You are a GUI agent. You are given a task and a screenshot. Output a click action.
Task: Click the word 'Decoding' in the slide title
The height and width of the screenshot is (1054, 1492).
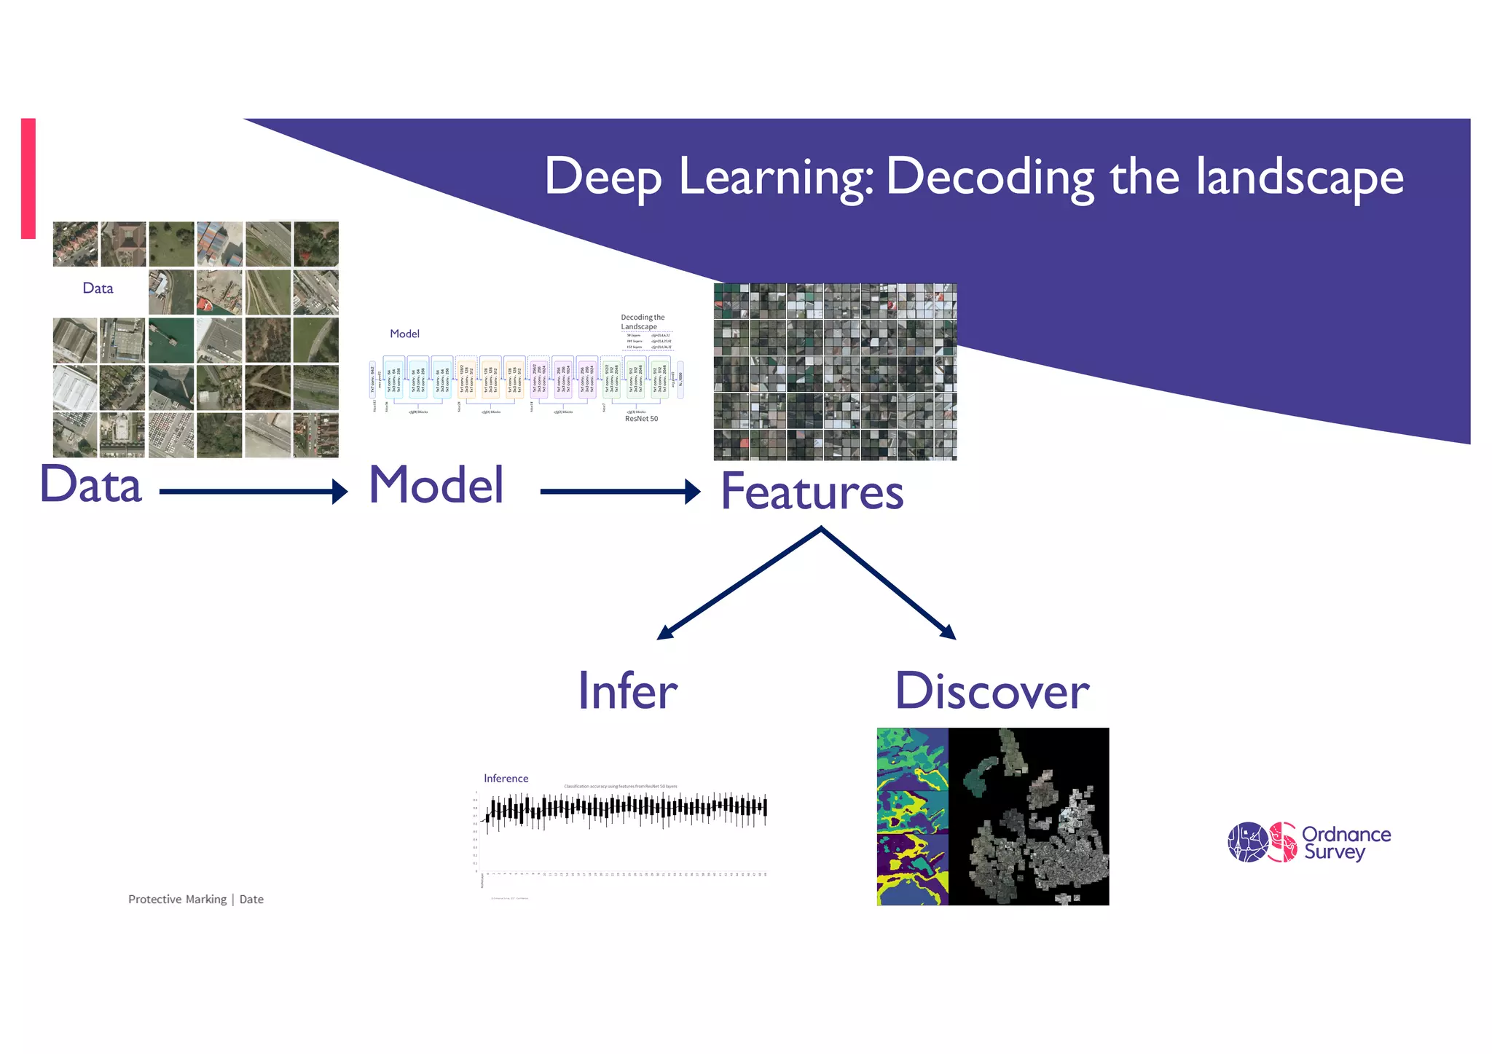pos(989,177)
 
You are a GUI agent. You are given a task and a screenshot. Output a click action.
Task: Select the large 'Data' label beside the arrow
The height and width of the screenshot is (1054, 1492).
pos(90,484)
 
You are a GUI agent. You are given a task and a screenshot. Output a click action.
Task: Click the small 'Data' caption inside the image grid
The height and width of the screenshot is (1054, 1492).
pos(98,288)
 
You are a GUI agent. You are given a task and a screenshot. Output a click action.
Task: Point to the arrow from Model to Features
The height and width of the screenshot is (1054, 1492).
pos(619,492)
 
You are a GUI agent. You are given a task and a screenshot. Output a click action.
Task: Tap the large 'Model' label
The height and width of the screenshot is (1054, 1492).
pos(436,484)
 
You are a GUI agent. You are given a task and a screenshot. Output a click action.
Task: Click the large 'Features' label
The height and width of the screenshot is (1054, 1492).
pos(812,492)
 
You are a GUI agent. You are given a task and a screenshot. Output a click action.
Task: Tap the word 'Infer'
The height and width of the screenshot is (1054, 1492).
pos(627,691)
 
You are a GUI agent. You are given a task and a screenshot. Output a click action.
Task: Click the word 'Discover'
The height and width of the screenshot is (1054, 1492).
pos(992,691)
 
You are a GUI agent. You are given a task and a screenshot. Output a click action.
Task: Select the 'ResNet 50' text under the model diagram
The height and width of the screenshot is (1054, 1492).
pos(641,419)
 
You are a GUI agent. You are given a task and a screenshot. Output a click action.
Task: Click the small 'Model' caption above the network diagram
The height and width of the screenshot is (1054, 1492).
pos(404,334)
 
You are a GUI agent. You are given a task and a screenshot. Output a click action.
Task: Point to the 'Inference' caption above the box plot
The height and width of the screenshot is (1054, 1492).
pos(506,779)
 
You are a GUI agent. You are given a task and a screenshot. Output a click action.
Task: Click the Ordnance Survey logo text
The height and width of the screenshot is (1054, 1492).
pos(1346,843)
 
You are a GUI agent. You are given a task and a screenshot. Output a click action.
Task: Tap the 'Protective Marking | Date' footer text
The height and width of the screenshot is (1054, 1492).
pos(195,900)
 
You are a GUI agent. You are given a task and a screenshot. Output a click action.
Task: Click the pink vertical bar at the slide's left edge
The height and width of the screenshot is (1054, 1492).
pos(28,178)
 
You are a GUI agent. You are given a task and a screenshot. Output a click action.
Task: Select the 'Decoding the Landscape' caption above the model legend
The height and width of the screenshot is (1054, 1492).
pos(642,322)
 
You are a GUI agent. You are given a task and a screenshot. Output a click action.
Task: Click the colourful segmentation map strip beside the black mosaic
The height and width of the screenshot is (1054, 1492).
pos(912,816)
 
